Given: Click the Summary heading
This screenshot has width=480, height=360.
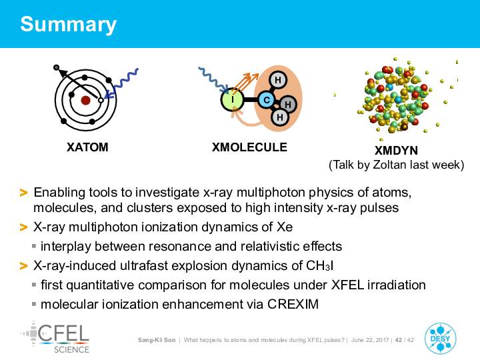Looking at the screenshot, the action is (x=68, y=25).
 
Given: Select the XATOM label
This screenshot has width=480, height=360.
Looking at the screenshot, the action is (x=87, y=147).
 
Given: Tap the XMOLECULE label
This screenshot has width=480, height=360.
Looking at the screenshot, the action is (x=249, y=147).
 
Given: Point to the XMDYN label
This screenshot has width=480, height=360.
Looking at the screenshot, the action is (x=396, y=151).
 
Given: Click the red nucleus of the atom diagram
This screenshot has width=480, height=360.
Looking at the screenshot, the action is (x=85, y=100).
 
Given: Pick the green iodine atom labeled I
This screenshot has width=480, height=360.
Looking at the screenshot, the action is (x=233, y=99).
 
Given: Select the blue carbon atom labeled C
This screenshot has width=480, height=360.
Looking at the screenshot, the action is (x=267, y=100).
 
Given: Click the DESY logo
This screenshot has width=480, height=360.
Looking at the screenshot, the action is (x=440, y=339).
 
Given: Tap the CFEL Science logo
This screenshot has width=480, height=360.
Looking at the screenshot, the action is (x=55, y=337).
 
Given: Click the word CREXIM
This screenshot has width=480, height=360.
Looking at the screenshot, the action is (x=293, y=304).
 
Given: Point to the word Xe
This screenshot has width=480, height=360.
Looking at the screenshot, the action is (x=285, y=227).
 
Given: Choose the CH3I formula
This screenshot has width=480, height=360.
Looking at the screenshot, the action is (x=319, y=266).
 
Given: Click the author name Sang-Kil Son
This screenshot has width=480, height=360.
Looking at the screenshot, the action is (x=157, y=340).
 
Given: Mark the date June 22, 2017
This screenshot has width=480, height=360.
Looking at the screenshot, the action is (x=370, y=340).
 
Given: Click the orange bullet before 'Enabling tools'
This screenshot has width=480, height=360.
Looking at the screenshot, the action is (x=23, y=193).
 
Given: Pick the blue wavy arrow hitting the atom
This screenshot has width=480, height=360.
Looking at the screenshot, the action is (x=121, y=83).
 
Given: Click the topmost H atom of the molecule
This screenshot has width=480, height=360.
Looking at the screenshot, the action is (x=277, y=80).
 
